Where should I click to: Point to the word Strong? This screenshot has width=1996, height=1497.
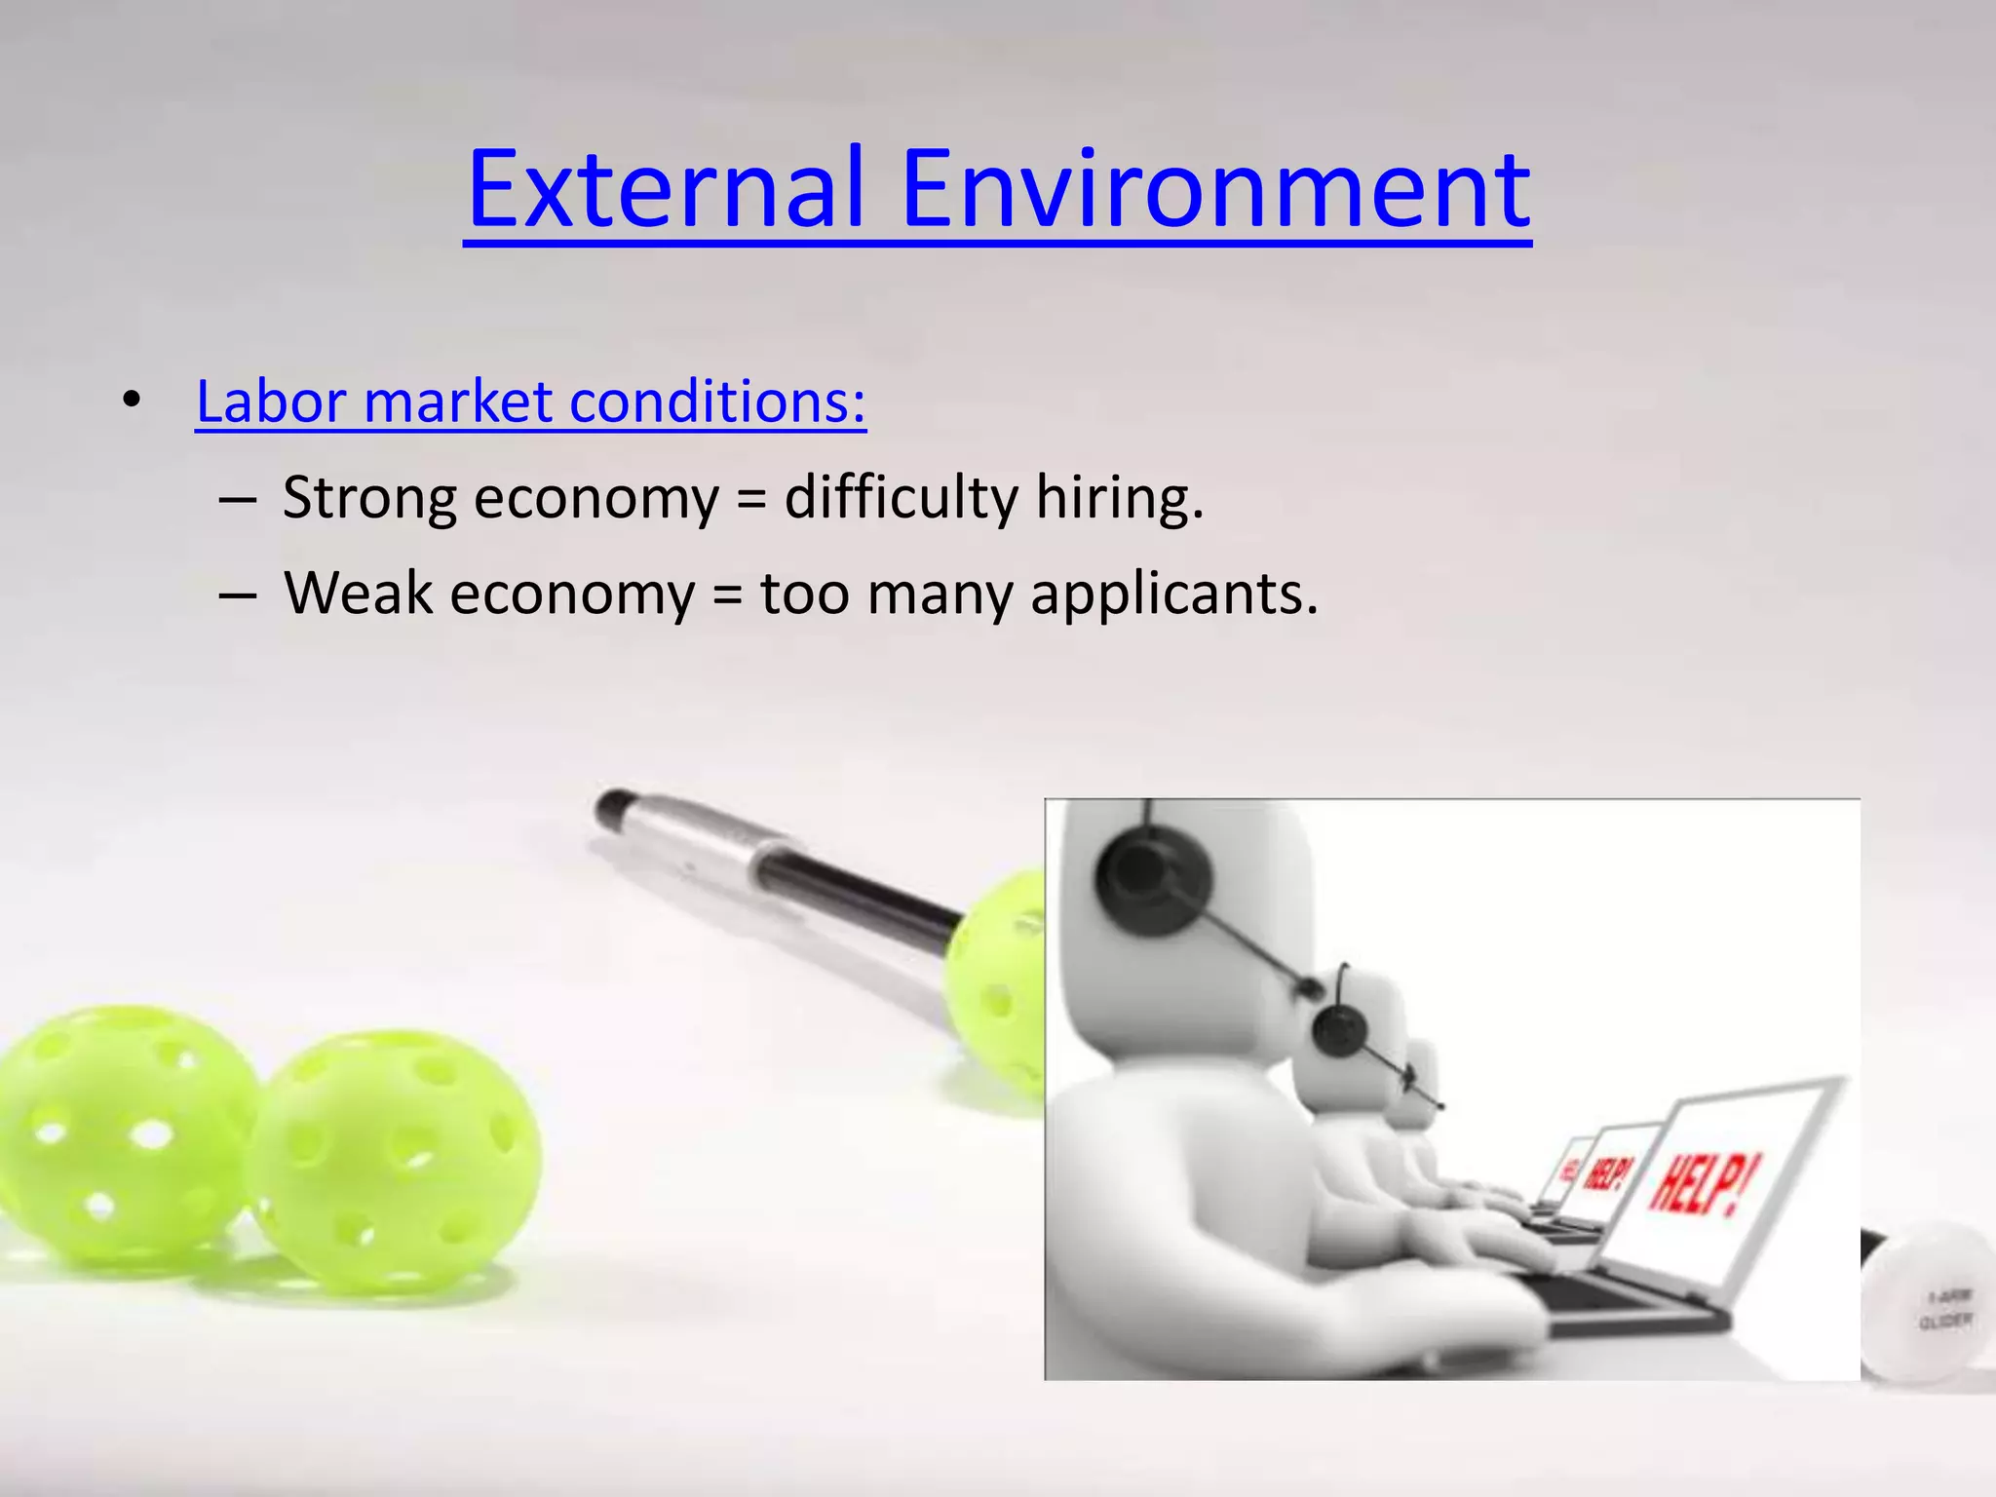(368, 497)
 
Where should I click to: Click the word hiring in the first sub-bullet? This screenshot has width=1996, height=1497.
(1118, 497)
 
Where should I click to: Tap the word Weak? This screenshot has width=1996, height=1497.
(358, 593)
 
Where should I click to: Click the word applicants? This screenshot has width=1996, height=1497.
(1173, 595)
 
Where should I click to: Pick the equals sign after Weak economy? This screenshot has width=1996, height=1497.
(727, 593)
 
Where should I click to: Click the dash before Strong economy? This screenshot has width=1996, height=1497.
(238, 499)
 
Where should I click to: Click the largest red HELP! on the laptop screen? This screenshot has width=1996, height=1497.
(1705, 1184)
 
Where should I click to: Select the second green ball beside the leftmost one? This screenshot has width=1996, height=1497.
(395, 1160)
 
